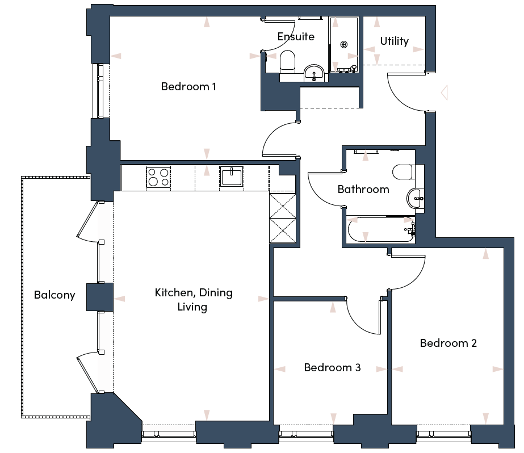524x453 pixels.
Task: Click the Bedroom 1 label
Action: [x=188, y=86]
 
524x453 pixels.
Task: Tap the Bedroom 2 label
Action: [x=448, y=343]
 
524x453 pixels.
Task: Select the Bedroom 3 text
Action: [x=332, y=367]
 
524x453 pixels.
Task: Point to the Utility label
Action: [x=395, y=41]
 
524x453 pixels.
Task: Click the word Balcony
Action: [x=55, y=295]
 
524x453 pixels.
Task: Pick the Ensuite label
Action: [x=296, y=36]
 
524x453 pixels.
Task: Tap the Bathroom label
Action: [x=363, y=190]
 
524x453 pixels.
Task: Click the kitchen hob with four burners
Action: [x=158, y=177]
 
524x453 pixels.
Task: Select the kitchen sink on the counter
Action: [x=231, y=177]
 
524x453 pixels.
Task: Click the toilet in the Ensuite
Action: [x=287, y=62]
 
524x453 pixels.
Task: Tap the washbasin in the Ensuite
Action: [x=314, y=73]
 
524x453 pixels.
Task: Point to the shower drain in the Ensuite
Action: [x=344, y=44]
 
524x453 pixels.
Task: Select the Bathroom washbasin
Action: [x=415, y=199]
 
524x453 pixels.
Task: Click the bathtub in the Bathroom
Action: [x=380, y=230]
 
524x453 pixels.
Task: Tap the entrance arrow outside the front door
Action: [x=445, y=93]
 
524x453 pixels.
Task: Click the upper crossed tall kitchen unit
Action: [x=283, y=206]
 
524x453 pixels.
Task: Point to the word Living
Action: [x=192, y=307]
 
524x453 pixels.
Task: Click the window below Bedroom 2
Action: [x=444, y=434]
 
